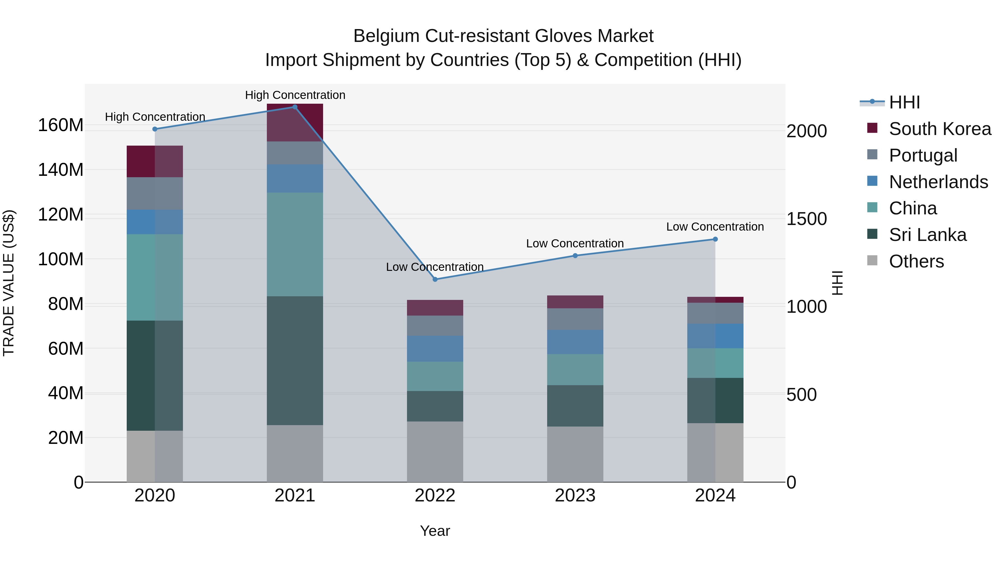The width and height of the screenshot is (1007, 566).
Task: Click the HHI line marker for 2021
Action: point(295,107)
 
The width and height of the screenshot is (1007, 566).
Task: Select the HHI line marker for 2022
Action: point(435,279)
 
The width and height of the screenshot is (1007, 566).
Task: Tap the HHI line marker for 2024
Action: point(715,239)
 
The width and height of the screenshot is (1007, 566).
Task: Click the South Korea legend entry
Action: point(940,129)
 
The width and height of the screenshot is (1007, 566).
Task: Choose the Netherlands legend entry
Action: point(938,182)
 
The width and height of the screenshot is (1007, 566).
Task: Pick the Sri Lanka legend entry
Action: point(927,235)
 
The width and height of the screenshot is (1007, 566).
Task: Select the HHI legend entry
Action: point(904,102)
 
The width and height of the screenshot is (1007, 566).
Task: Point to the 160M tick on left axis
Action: point(61,125)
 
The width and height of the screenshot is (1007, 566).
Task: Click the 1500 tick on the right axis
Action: point(806,219)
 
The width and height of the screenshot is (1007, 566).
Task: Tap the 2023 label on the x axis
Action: point(575,496)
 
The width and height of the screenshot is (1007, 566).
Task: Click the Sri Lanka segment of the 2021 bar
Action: point(295,360)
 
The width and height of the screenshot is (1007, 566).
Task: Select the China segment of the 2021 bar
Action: point(295,244)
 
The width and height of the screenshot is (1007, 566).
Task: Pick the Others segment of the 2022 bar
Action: point(435,452)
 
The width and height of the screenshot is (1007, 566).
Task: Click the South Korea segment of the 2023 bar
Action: point(575,302)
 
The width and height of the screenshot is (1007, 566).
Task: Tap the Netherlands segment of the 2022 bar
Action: point(435,349)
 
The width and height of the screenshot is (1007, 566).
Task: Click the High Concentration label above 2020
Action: point(155,117)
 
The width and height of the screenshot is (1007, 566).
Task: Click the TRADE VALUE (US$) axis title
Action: point(9,283)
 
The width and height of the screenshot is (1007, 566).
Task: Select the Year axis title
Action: point(435,531)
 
